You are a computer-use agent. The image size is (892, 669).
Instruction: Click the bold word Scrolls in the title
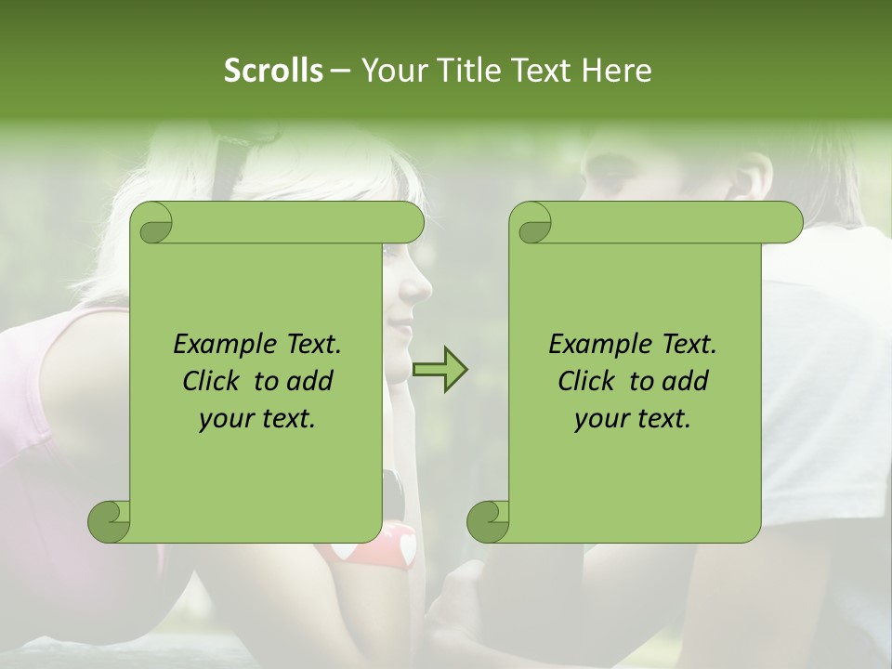273,71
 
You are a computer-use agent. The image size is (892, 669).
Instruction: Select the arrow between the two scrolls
440,371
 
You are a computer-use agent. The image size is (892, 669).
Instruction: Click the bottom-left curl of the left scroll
110,521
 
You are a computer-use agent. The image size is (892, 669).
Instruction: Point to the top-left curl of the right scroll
531,223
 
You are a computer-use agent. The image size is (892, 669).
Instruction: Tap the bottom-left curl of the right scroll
489,521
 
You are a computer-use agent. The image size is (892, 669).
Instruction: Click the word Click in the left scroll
214,381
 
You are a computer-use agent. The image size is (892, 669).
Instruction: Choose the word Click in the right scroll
589,381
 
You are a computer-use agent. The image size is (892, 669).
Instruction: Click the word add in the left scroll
310,381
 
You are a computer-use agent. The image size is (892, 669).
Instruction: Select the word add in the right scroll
686,381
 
